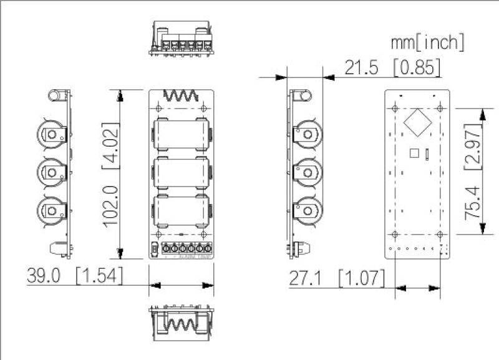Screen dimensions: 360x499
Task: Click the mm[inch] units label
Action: [x=427, y=42]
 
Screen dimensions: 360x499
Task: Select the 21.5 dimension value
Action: [x=362, y=68]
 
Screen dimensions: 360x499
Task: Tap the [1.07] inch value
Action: [x=362, y=279]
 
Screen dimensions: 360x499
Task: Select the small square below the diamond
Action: [x=413, y=152]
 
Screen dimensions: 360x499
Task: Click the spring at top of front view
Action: [x=181, y=96]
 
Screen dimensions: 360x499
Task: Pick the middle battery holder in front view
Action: [x=181, y=172]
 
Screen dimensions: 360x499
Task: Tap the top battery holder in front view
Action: [x=181, y=133]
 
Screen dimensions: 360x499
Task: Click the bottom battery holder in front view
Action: [x=181, y=211]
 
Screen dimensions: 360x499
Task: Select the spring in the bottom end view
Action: [x=181, y=324]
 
